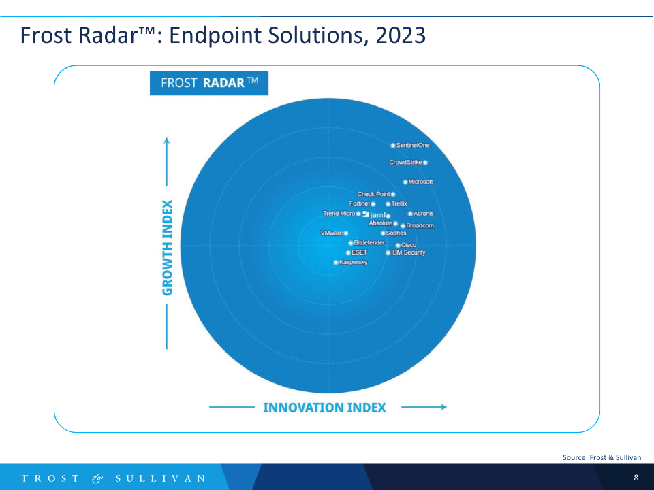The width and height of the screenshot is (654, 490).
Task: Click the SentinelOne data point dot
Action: click(393, 146)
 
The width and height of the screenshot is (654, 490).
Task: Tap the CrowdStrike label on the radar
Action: click(405, 162)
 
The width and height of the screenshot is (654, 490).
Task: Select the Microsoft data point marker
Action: click(405, 182)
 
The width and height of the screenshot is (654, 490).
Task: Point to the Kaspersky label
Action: click(354, 262)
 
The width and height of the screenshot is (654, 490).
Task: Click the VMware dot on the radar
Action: click(346, 233)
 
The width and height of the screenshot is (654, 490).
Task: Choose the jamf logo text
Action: click(378, 215)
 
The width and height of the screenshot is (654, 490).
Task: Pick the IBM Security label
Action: click(408, 252)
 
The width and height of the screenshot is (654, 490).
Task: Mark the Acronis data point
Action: click(410, 214)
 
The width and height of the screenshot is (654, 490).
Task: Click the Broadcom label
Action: click(420, 225)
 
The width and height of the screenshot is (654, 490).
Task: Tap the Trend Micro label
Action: click(339, 213)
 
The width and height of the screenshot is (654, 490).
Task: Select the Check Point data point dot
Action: click(393, 194)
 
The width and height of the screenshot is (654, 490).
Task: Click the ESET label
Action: click(359, 252)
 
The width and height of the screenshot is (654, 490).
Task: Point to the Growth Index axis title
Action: click(168, 248)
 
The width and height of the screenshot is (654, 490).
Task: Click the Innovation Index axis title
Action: click(324, 408)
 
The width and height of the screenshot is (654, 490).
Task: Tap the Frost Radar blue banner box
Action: click(209, 83)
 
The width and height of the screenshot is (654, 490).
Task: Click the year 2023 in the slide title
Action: click(401, 35)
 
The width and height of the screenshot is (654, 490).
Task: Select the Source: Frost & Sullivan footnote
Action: click(602, 457)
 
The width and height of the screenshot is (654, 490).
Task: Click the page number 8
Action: click(636, 478)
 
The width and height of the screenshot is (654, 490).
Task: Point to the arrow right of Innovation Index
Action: click(424, 407)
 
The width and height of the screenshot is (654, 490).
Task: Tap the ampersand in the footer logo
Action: click(97, 478)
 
